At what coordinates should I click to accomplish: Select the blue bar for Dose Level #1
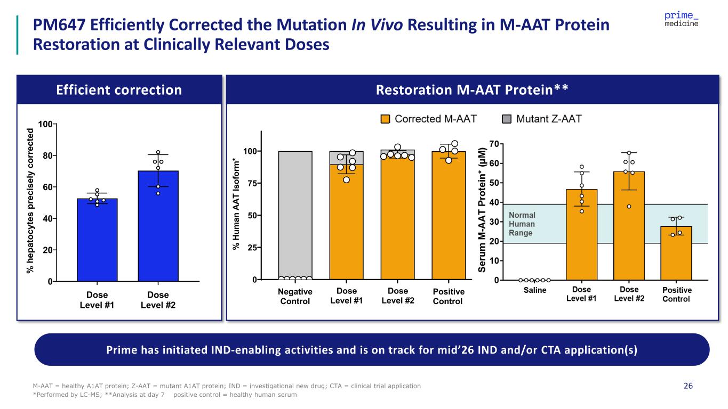pos(97,240)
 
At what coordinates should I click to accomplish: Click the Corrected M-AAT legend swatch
pos(386,119)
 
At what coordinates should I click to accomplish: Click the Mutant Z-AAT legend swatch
pos(507,119)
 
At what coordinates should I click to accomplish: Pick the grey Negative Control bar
pos(295,213)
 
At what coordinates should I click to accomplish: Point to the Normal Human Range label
pos(523,224)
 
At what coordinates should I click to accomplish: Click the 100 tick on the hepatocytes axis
pos(45,124)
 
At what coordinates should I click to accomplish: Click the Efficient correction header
pos(119,90)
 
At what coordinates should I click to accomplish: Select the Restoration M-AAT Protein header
pos(473,90)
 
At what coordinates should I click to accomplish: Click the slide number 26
pos(688,386)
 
